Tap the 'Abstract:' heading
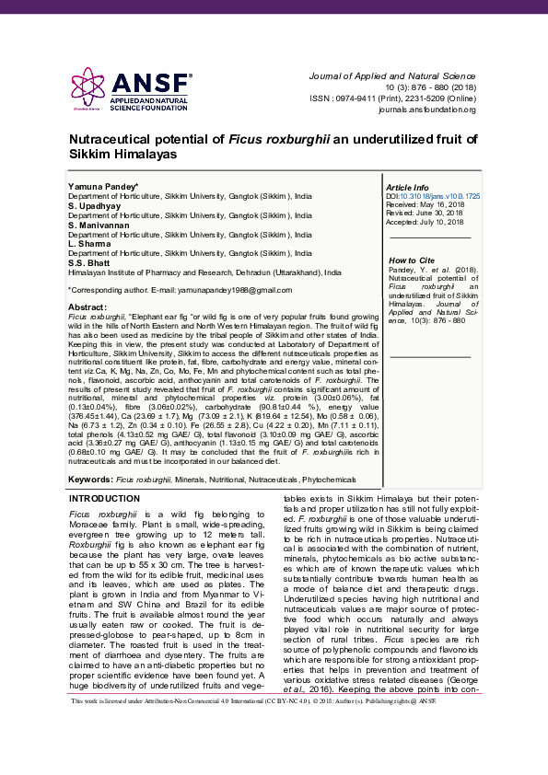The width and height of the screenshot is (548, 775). pos(87,307)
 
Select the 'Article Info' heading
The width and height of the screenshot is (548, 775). pos(407,187)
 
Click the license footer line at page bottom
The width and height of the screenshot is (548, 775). pos(274,752)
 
